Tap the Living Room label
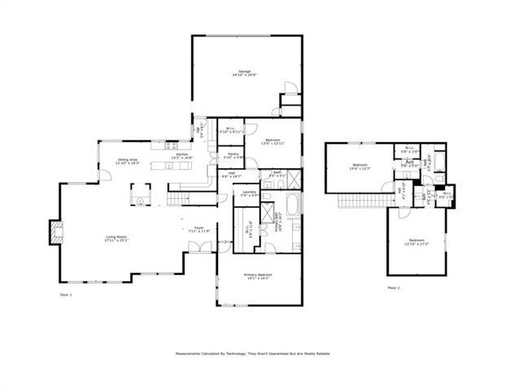tap(116, 239)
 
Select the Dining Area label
tap(128, 162)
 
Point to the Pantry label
tap(233, 155)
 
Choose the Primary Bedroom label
tap(259, 277)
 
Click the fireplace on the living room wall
tap(56, 232)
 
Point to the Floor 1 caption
tap(66, 294)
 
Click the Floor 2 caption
tap(394, 288)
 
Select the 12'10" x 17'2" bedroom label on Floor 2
tap(416, 242)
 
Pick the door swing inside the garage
tap(288, 89)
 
